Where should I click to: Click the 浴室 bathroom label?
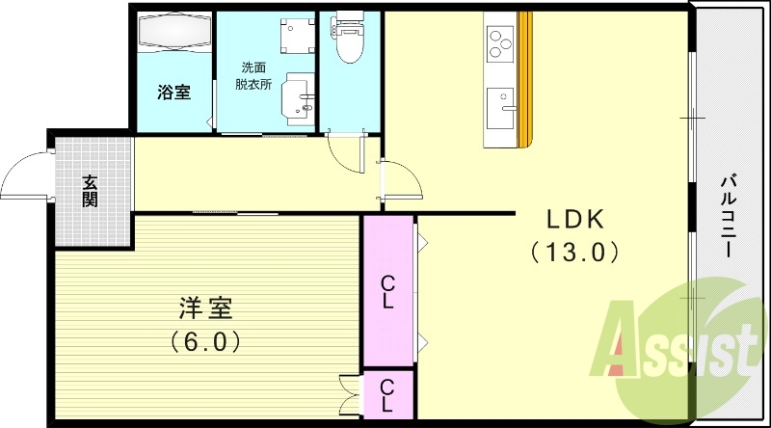click(173, 93)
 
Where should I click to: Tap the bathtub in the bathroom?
click(173, 32)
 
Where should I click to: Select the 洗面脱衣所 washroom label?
click(254, 75)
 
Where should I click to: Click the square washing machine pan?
click(295, 36)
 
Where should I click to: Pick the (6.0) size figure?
click(205, 340)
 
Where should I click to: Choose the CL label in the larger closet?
click(386, 291)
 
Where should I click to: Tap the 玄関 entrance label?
click(90, 191)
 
